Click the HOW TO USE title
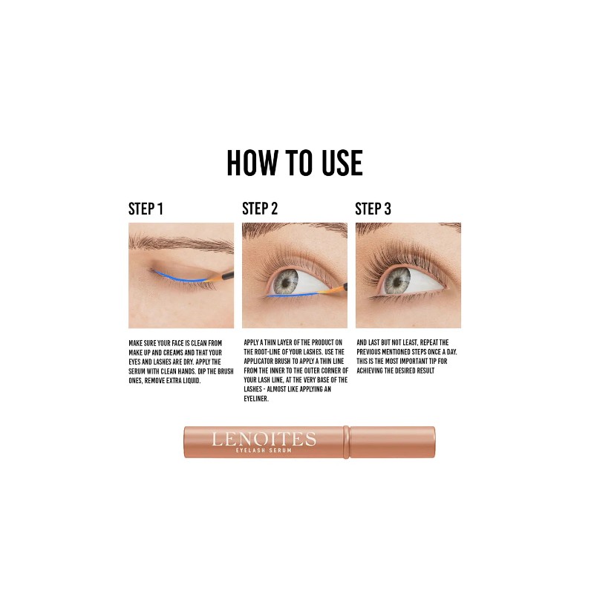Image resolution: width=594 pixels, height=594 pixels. point(295,163)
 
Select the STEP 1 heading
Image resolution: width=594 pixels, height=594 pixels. point(146,209)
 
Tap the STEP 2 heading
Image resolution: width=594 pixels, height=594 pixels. point(260,209)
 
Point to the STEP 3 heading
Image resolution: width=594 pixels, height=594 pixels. point(373,209)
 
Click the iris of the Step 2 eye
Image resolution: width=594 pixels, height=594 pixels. point(287,280)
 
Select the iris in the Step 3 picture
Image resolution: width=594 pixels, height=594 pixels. point(399,279)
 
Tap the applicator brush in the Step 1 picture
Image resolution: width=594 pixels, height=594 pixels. point(223,275)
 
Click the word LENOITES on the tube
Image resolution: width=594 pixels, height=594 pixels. point(264,439)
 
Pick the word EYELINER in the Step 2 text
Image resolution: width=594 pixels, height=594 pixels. point(257,399)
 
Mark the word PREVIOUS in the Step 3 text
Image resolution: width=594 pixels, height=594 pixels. point(372,352)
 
